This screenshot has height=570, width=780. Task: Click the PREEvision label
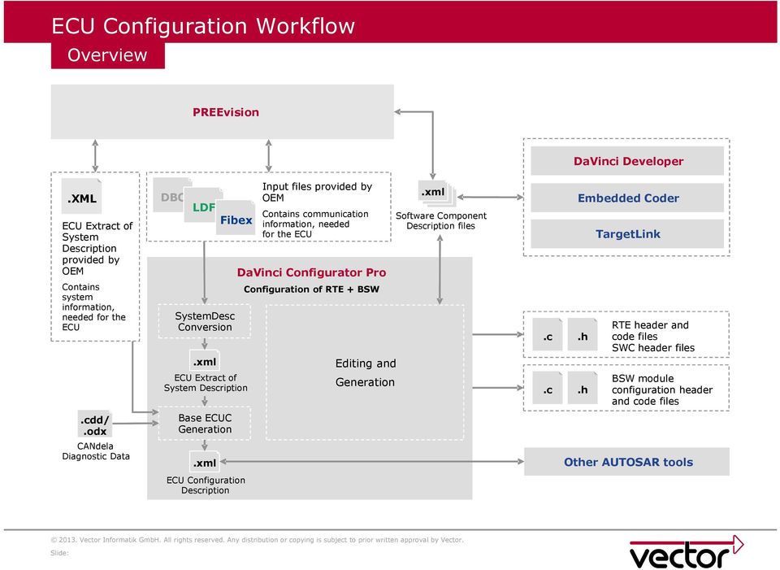(226, 112)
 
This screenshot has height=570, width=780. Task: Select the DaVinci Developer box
(627, 161)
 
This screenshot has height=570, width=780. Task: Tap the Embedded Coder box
(627, 198)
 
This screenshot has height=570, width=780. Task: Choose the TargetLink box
(627, 233)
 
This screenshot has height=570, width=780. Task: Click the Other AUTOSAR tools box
(627, 462)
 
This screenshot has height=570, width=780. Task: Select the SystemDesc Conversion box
(205, 321)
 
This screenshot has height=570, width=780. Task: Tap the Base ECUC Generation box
(205, 424)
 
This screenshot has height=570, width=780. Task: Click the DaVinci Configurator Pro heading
(311, 272)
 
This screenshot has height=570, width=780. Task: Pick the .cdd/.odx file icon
(96, 425)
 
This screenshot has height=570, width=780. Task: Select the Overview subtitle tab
(107, 55)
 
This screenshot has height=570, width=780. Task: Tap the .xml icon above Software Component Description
(434, 193)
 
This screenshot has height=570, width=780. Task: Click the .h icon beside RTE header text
(583, 337)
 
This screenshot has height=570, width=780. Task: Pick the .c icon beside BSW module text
(548, 390)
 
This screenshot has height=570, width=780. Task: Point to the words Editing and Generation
(365, 372)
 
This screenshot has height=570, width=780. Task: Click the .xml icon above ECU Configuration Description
(205, 463)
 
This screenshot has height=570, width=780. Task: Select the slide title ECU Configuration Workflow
(203, 25)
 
